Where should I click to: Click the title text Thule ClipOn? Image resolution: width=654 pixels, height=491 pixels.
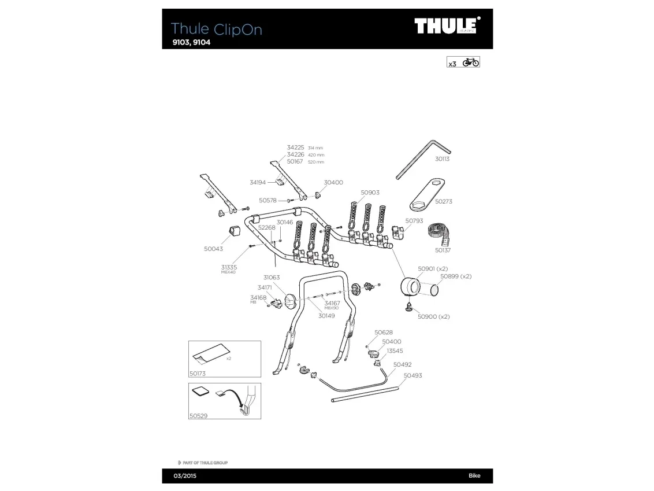[216, 29]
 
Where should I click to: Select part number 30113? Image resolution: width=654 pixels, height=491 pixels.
[442, 158]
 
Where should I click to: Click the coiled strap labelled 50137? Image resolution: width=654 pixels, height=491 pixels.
[441, 235]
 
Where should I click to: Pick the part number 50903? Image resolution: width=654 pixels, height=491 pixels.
[370, 193]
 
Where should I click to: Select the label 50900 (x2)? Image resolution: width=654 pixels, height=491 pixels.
[433, 316]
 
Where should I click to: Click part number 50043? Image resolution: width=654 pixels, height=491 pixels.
[213, 249]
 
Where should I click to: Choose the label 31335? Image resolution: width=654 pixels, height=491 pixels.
[229, 267]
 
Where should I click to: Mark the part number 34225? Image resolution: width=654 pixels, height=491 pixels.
[295, 148]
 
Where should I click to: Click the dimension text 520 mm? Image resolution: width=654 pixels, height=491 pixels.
[316, 162]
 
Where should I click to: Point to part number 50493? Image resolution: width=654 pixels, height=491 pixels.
[413, 375]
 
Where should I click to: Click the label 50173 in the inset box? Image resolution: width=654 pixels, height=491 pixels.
[198, 374]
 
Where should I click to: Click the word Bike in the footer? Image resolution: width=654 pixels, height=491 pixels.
[474, 476]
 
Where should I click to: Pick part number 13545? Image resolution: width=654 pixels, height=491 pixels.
[395, 350]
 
